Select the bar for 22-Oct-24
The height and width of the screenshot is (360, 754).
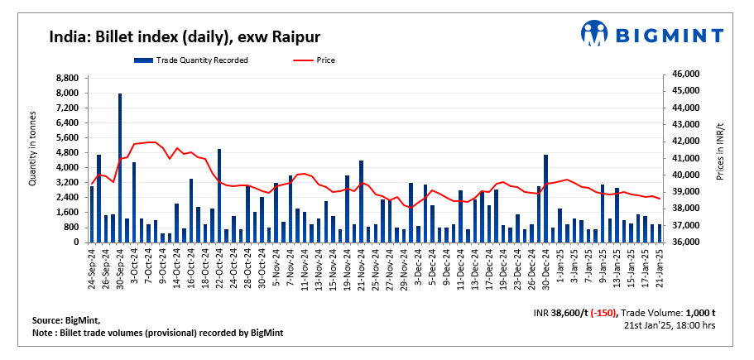tap(219, 195)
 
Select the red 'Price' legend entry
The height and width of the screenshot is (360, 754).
tap(325, 60)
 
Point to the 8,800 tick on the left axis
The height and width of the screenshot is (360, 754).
tap(66, 78)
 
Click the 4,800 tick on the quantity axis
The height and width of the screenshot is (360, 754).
tap(66, 152)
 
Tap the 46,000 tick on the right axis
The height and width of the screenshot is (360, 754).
tap(685, 74)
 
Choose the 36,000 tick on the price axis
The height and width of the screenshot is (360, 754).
tap(685, 242)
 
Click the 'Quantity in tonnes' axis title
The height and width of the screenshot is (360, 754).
tap(33, 149)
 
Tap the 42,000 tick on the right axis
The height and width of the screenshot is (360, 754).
tap(685, 142)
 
